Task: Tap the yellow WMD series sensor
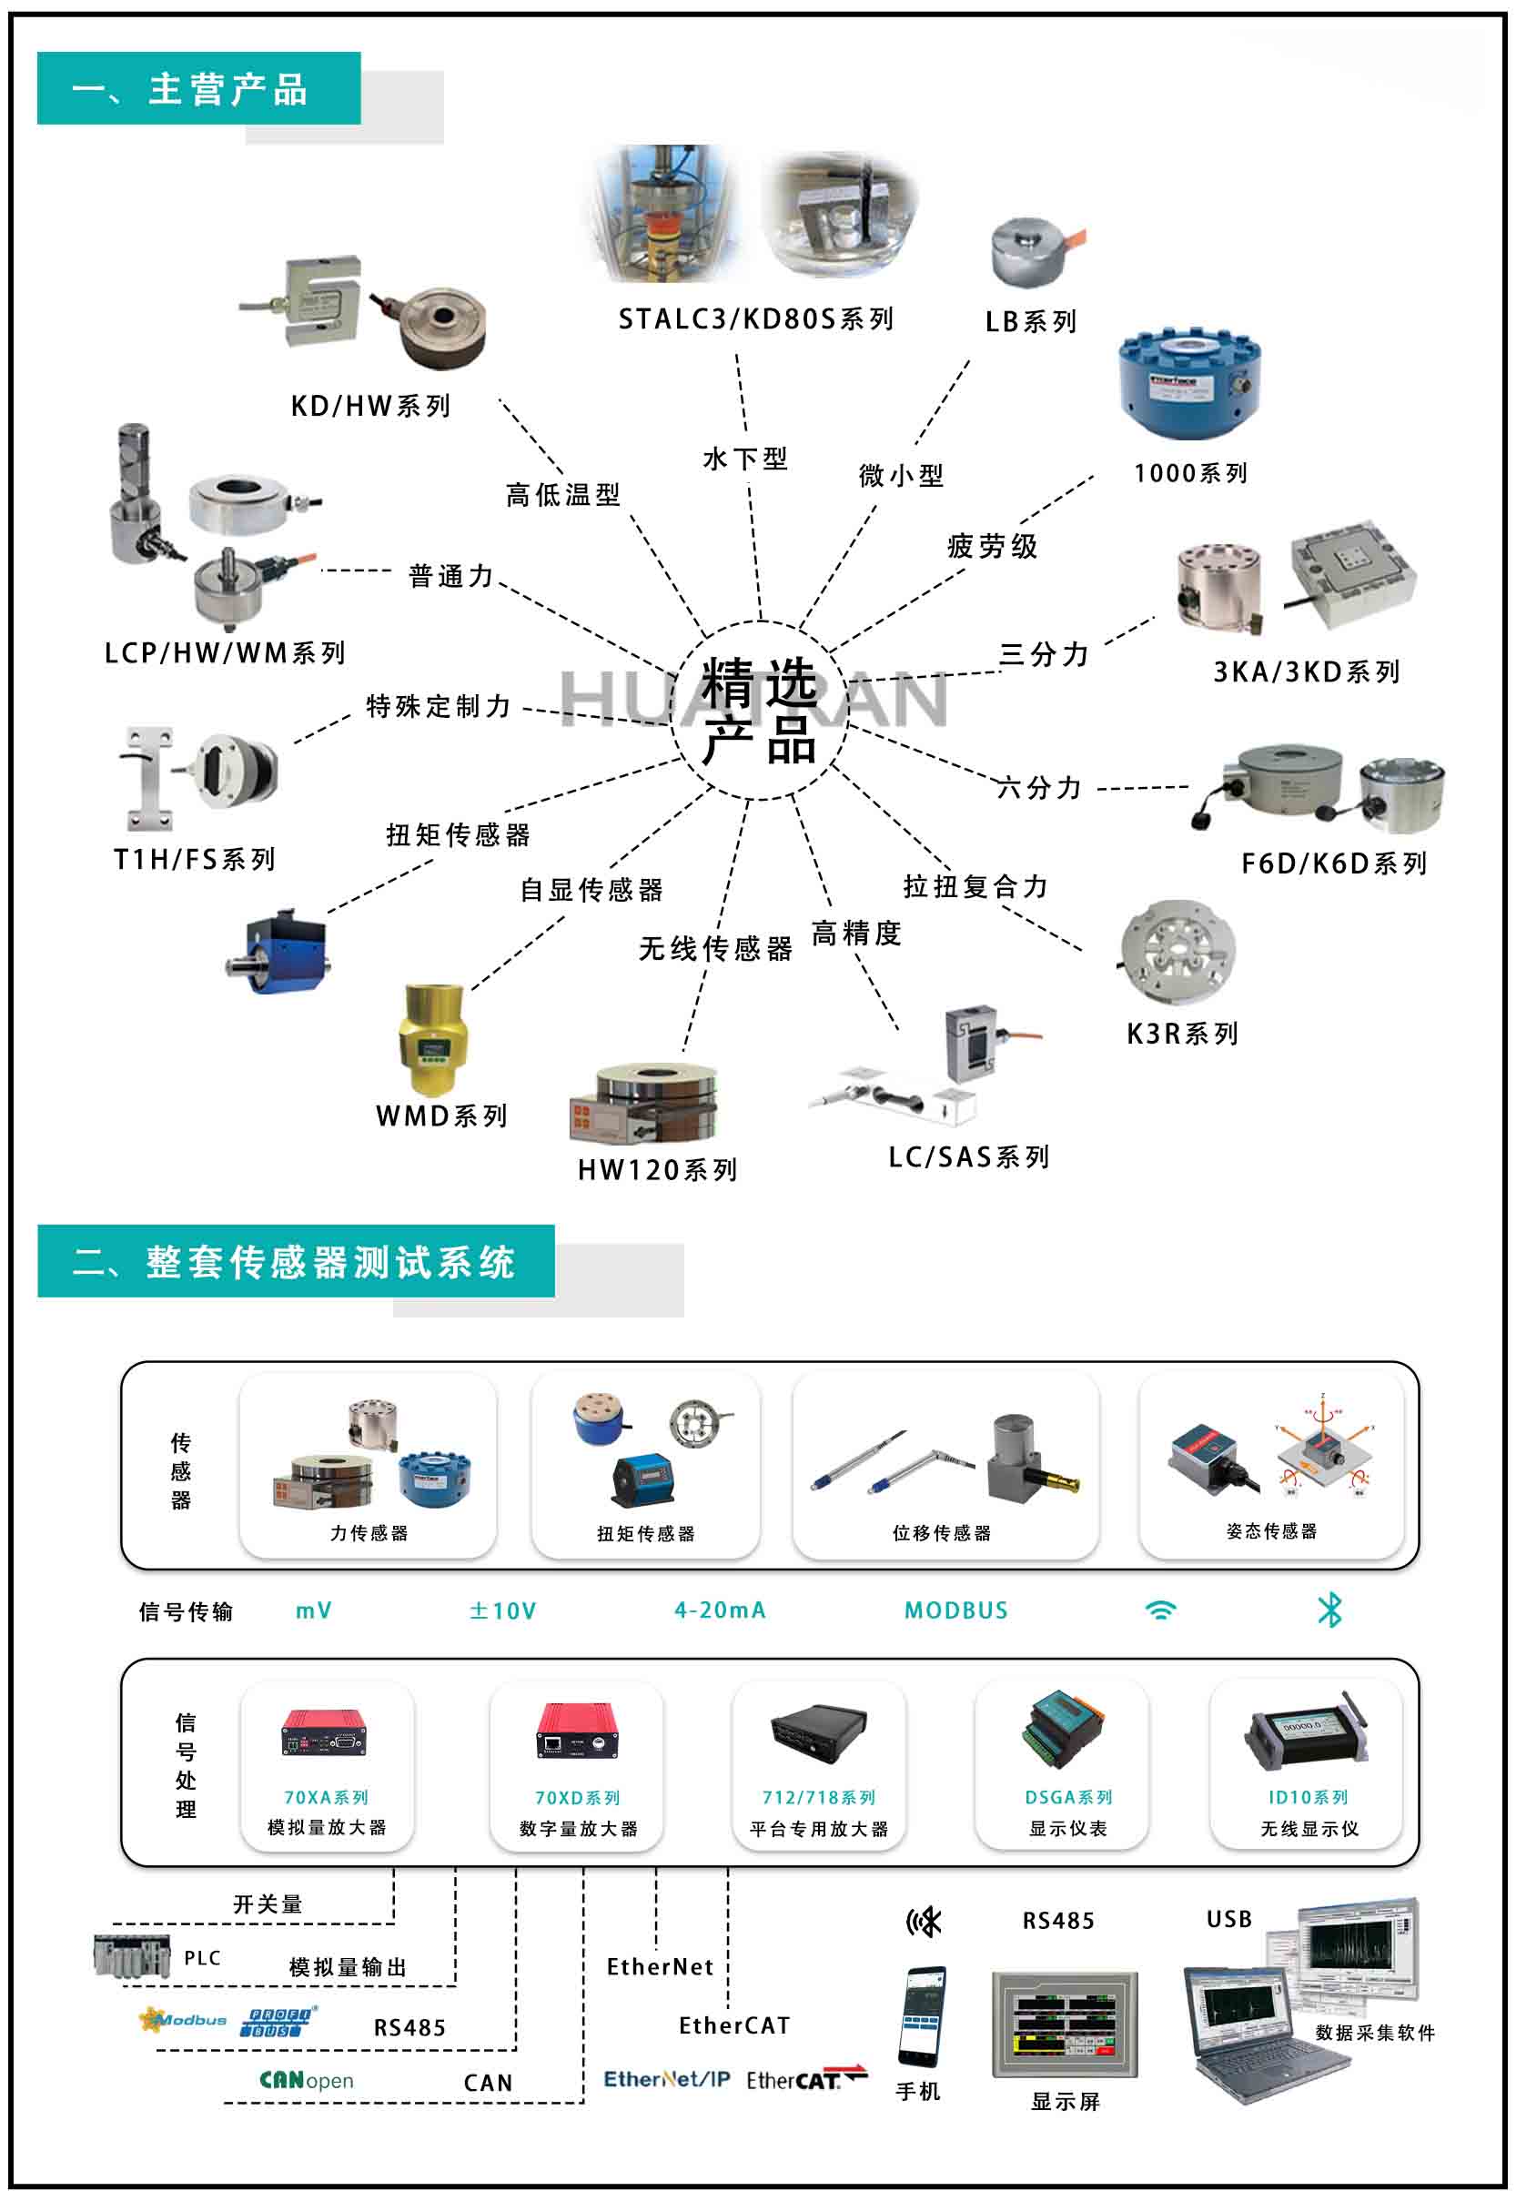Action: pos(432,1040)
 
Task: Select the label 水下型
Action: pos(744,459)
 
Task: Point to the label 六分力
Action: pos(1040,788)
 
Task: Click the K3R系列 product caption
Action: pos(1183,1034)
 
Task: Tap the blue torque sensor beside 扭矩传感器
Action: pos(279,954)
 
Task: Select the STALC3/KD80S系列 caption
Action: pos(756,320)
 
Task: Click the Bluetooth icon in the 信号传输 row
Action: pos(1329,1610)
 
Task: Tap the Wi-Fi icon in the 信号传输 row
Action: pos(1161,1610)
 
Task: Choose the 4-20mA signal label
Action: pos(720,1610)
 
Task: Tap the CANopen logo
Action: pos(306,2082)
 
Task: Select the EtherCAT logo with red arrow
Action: pos(806,2080)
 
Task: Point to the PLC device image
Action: pos(132,1957)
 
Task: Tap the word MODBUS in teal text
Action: pos(955,1610)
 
